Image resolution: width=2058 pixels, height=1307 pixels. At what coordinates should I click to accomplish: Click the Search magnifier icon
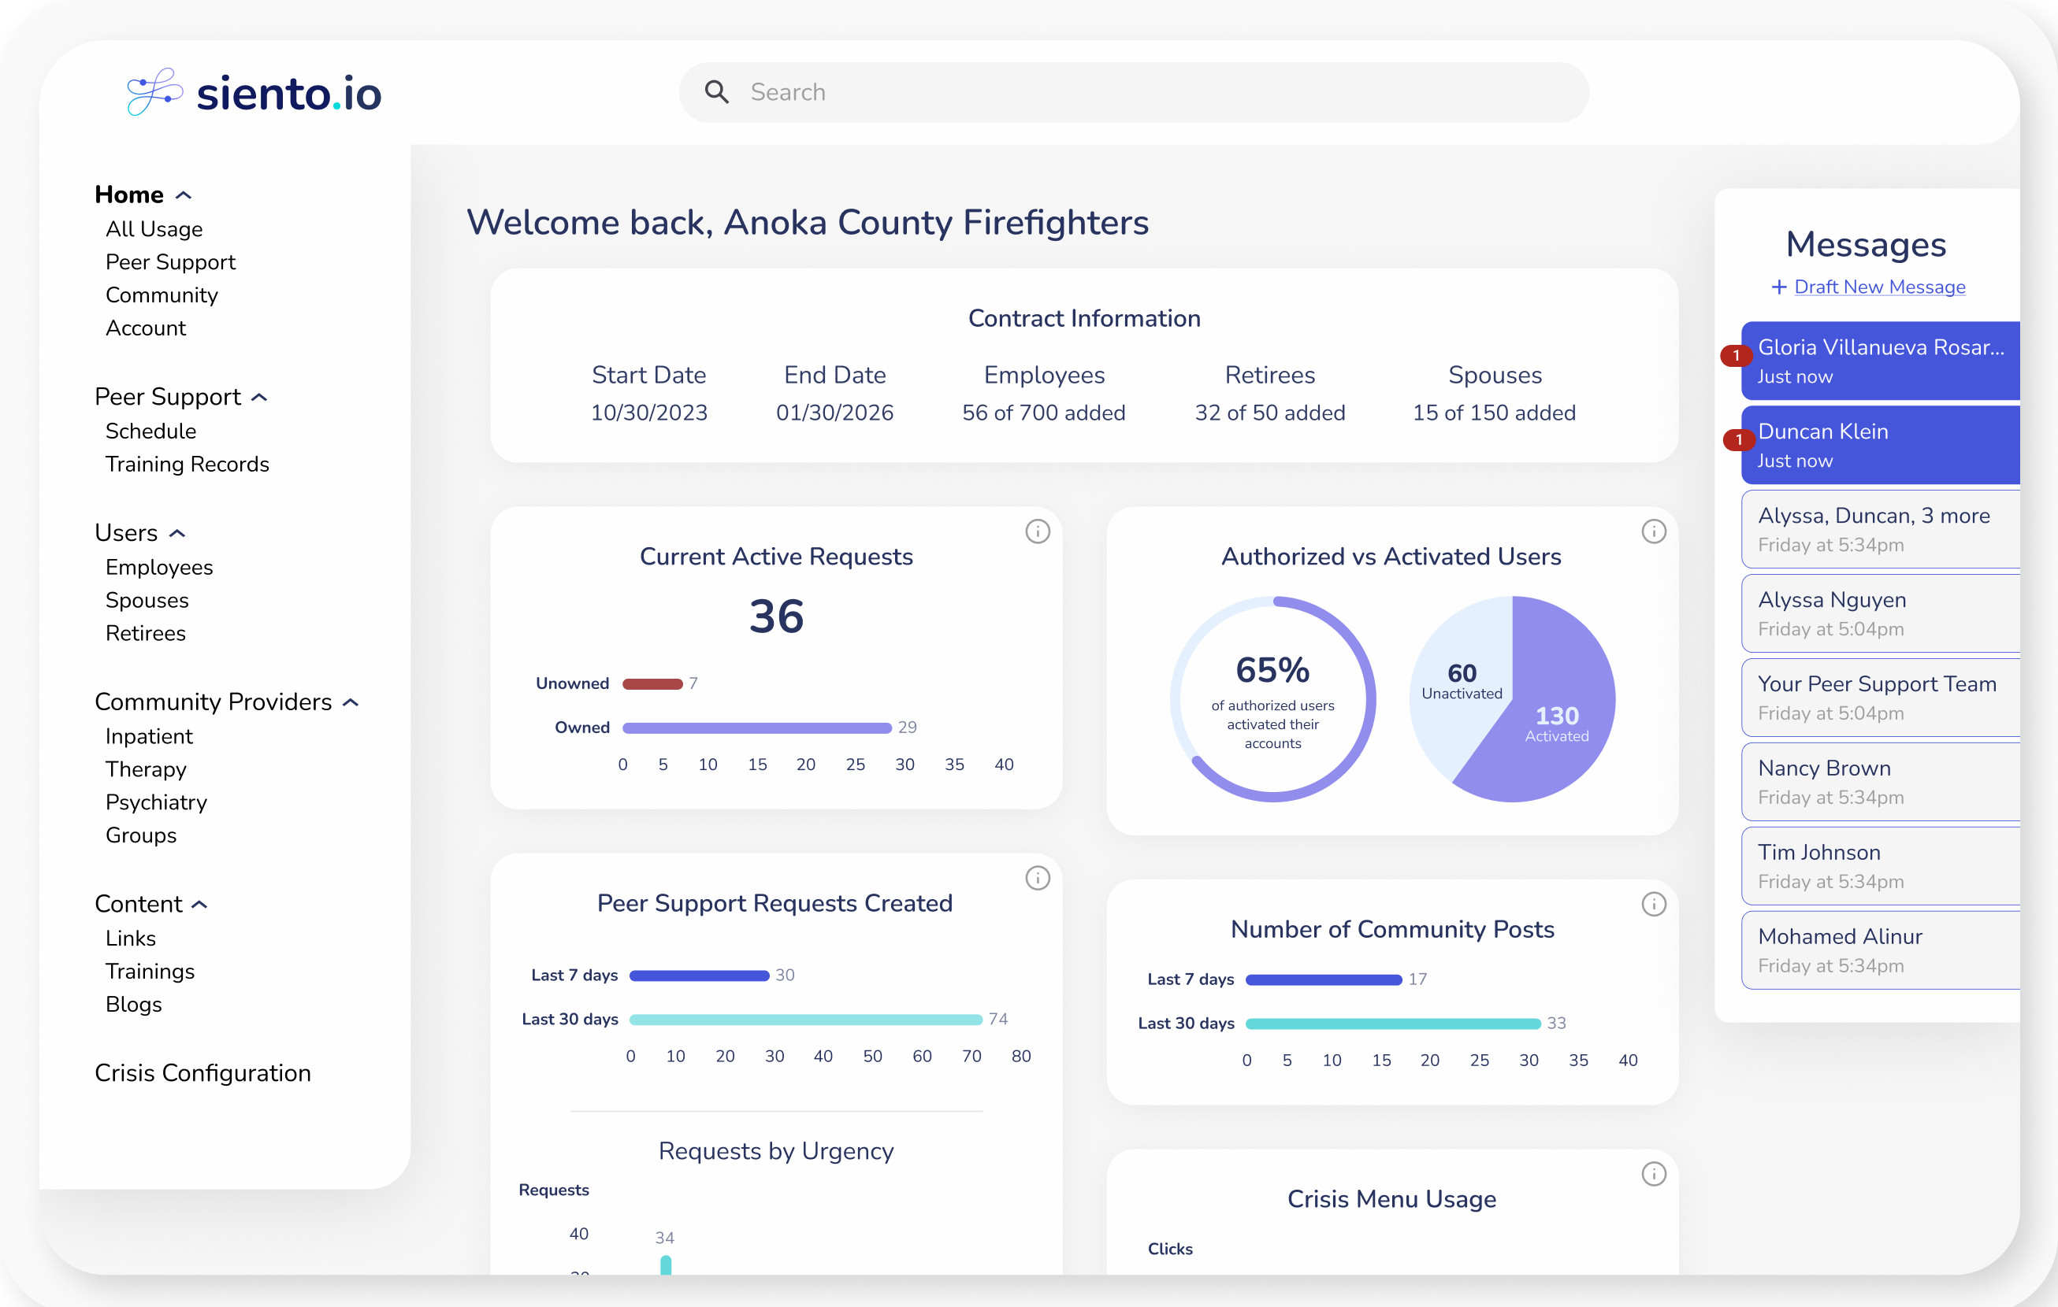click(716, 92)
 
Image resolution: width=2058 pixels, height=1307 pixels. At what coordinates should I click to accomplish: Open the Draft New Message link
click(1878, 287)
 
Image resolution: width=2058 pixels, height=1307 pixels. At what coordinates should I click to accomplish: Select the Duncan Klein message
click(1880, 445)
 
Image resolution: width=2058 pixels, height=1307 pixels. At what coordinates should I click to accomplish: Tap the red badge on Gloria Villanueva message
click(1736, 355)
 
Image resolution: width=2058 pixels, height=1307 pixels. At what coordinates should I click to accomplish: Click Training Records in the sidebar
click(188, 464)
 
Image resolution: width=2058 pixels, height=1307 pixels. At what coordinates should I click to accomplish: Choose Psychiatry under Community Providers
click(157, 802)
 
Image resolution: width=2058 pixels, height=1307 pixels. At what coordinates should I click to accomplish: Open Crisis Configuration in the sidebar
click(202, 1073)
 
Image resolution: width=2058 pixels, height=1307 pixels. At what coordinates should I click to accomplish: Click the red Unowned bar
click(652, 683)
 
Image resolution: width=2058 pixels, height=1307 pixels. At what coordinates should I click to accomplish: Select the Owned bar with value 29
click(756, 728)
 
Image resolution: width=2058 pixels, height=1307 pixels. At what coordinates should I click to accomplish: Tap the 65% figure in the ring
click(1272, 671)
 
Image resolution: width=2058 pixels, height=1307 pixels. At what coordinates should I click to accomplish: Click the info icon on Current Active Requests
click(1038, 531)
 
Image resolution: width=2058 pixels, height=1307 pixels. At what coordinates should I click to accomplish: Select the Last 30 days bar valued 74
click(805, 1019)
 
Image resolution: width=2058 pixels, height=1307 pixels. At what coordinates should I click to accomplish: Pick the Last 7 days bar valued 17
click(1323, 979)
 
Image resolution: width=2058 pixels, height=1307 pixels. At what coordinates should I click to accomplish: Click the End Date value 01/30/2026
click(834, 413)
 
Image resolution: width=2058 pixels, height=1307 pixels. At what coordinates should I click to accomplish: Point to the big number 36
click(776, 616)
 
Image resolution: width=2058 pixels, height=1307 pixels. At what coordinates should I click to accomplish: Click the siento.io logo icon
click(154, 91)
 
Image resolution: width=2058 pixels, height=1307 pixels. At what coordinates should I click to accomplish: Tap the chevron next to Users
click(178, 534)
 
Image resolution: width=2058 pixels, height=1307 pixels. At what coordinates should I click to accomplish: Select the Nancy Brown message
click(1880, 782)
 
